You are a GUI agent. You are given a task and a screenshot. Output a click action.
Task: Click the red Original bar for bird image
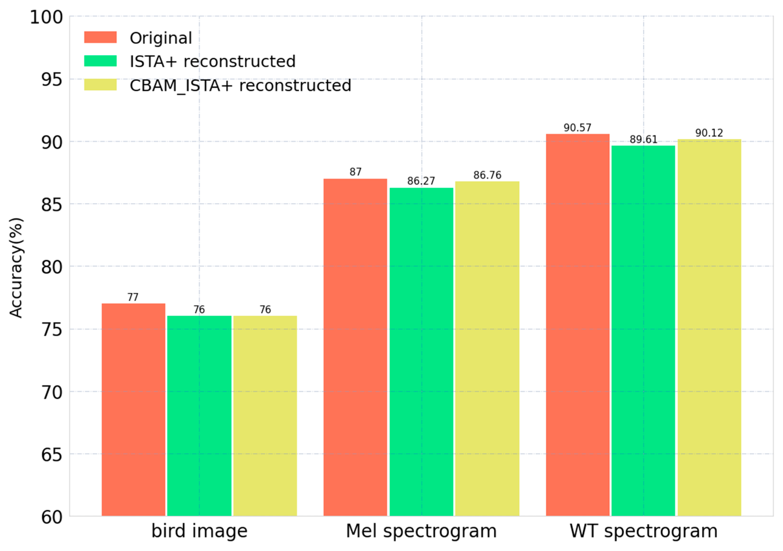(x=133, y=409)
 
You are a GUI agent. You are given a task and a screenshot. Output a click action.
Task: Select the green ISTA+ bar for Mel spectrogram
(x=421, y=351)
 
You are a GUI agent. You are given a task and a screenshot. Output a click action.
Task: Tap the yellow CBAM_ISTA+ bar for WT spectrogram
(x=709, y=327)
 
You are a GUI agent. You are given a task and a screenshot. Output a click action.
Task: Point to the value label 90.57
(x=577, y=128)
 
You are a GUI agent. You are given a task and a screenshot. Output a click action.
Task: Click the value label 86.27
(x=421, y=181)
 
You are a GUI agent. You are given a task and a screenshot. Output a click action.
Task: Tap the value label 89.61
(x=643, y=139)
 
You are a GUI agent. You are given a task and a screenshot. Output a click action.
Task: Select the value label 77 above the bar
(x=133, y=297)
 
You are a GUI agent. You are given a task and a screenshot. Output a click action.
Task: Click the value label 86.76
(x=487, y=175)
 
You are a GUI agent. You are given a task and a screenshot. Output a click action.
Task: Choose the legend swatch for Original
(x=100, y=37)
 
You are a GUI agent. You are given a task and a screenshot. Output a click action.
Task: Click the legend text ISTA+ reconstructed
(x=212, y=62)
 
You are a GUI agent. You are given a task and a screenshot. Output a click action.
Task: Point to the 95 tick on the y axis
(x=52, y=80)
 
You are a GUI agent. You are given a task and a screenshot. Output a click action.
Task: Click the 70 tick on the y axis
(x=52, y=392)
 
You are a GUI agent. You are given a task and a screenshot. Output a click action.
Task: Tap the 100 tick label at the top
(x=46, y=17)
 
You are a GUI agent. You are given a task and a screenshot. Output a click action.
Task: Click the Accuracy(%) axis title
(x=16, y=268)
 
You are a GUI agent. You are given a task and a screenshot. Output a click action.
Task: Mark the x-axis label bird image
(x=199, y=531)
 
